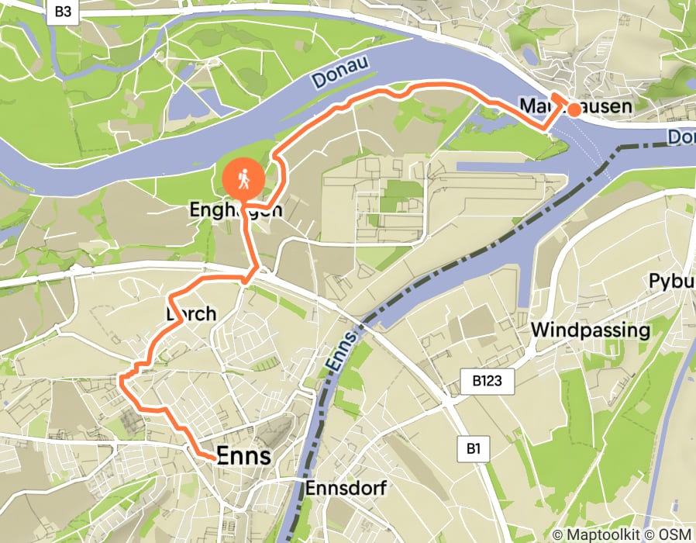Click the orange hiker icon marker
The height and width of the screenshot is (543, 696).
(244, 180)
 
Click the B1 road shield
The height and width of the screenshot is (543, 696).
(474, 448)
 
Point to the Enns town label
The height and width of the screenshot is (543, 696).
(244, 456)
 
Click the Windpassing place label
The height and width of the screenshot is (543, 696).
(590, 330)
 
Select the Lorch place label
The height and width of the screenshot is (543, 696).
(190, 313)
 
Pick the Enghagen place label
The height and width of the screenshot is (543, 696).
(236, 210)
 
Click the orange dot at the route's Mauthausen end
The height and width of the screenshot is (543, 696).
(574, 110)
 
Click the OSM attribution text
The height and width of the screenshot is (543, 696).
(674, 534)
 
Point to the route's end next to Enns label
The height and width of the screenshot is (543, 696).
(213, 458)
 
